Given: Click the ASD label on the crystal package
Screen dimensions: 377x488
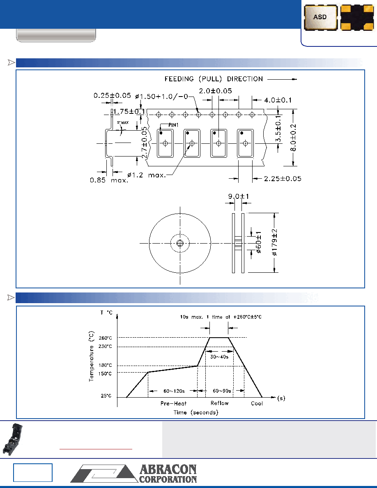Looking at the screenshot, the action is (320, 17).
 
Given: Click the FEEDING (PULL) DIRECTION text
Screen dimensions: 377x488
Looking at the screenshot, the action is (214, 79).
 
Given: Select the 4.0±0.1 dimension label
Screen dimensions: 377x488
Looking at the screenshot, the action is (278, 100).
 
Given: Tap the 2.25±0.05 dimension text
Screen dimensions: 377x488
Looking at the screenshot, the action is (283, 179).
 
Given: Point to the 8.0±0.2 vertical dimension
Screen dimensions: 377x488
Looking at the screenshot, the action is (293, 138).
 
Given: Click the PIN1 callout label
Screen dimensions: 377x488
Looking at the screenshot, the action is (174, 125).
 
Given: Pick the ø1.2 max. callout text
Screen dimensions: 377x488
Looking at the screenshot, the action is (147, 175).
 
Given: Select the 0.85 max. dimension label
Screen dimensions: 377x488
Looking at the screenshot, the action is (109, 180).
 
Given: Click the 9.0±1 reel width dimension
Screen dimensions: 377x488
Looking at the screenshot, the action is (239, 196).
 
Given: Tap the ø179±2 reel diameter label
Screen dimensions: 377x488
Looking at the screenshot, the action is (275, 242).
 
